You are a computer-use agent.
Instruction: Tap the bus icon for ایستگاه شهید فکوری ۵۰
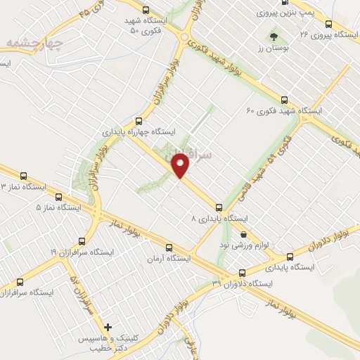[146, 10]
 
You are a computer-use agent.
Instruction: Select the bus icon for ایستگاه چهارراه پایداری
[139, 120]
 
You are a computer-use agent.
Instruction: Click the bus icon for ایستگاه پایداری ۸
[219, 207]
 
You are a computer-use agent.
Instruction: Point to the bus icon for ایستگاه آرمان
[168, 247]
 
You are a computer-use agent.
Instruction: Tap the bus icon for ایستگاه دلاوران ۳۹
[242, 273]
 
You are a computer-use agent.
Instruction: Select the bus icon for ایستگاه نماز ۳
[24, 176]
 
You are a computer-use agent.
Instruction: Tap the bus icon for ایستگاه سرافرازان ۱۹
[82, 240]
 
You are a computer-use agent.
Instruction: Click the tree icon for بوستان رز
[273, 34]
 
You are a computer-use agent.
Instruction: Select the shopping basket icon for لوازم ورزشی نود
[243, 235]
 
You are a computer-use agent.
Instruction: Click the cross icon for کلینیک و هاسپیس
[108, 327]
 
